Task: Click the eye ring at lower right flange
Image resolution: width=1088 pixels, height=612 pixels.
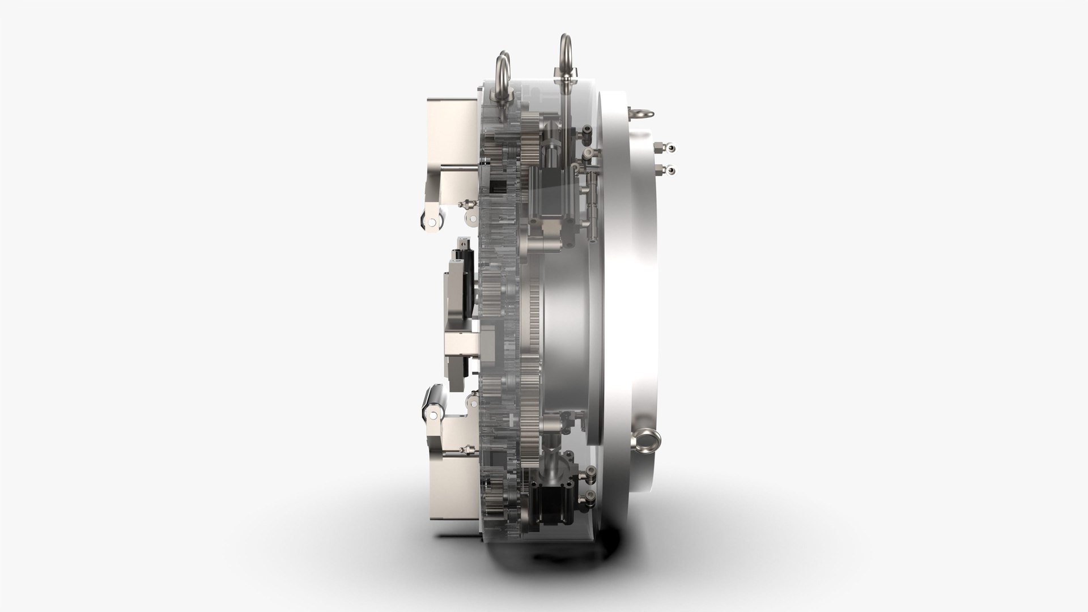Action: (x=646, y=439)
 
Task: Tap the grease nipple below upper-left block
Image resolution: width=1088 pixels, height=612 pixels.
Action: (x=466, y=203)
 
